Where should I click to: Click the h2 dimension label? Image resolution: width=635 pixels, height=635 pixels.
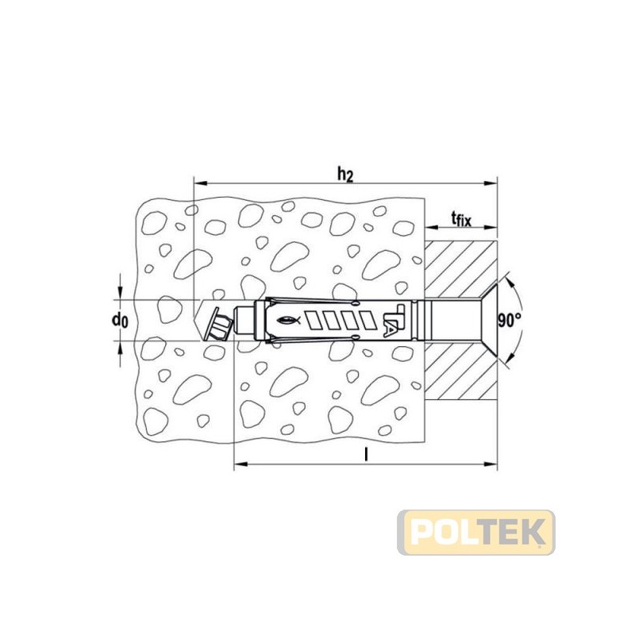[345, 175]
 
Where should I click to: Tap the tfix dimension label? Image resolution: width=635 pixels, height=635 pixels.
[461, 220]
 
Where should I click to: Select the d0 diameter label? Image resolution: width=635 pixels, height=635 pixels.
[120, 321]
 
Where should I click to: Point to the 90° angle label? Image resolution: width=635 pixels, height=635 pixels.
[510, 321]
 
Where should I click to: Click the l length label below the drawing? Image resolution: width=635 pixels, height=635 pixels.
[366, 455]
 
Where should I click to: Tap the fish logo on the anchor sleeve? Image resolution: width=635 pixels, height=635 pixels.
[289, 321]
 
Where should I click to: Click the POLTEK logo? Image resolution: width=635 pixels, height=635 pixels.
[476, 532]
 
